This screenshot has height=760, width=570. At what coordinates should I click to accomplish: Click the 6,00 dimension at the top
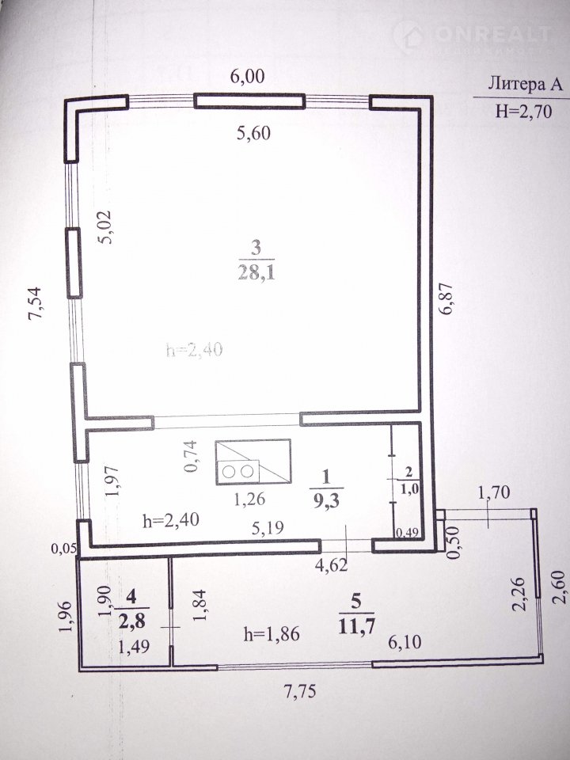pyautogui.click(x=247, y=77)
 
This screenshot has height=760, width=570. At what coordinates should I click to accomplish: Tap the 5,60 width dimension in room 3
pyautogui.click(x=253, y=133)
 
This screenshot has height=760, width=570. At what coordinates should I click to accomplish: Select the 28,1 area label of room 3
pyautogui.click(x=256, y=273)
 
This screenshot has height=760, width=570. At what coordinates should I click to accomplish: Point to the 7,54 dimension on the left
pyautogui.click(x=36, y=303)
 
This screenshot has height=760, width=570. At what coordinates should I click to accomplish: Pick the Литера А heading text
pyautogui.click(x=525, y=85)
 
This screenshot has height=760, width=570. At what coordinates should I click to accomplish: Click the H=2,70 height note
pyautogui.click(x=524, y=112)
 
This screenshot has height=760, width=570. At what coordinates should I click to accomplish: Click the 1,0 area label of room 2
pyautogui.click(x=409, y=489)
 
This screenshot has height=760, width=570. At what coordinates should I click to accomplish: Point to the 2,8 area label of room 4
pyautogui.click(x=132, y=621)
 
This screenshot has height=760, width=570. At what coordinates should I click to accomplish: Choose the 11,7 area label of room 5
pyautogui.click(x=356, y=627)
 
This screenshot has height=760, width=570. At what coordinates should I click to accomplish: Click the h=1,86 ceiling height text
pyautogui.click(x=272, y=634)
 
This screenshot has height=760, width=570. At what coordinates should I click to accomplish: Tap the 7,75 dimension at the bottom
pyautogui.click(x=299, y=690)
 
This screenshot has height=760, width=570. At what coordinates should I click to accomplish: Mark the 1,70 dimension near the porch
pyautogui.click(x=494, y=493)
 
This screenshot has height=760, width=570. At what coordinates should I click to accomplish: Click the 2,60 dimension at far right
pyautogui.click(x=560, y=587)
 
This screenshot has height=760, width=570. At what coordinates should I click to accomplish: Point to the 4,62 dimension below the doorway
pyautogui.click(x=332, y=564)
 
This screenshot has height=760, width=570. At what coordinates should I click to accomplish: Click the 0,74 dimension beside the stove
pyautogui.click(x=192, y=456)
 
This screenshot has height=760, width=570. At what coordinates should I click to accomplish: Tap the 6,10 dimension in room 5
pyautogui.click(x=405, y=642)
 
